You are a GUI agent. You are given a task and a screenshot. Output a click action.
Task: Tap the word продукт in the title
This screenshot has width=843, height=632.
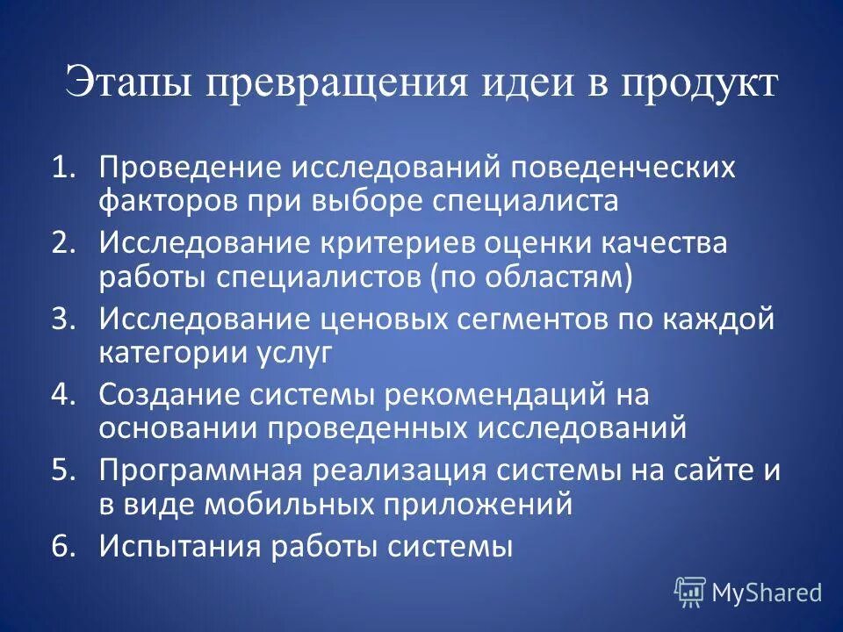click(700, 84)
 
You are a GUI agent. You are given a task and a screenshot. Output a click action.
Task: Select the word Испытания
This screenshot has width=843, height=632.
click(177, 546)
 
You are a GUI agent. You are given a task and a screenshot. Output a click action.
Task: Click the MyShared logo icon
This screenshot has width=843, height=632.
click(690, 592)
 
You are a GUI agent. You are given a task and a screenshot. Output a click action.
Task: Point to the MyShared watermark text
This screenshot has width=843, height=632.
click(767, 593)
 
